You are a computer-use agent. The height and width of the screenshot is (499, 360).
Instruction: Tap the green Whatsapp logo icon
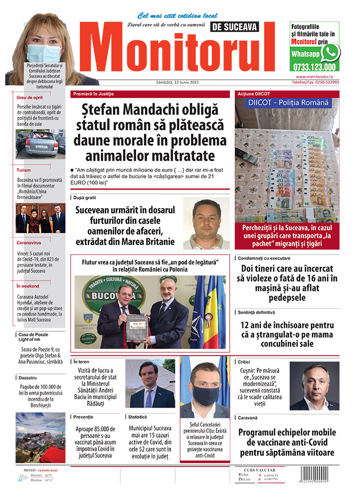pyautogui.click(x=330, y=52)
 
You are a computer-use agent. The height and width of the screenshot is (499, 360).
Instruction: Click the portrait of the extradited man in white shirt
pyautogui.click(x=206, y=223)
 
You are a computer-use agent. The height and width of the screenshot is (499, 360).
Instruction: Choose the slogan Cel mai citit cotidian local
pyautogui.click(x=178, y=15)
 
